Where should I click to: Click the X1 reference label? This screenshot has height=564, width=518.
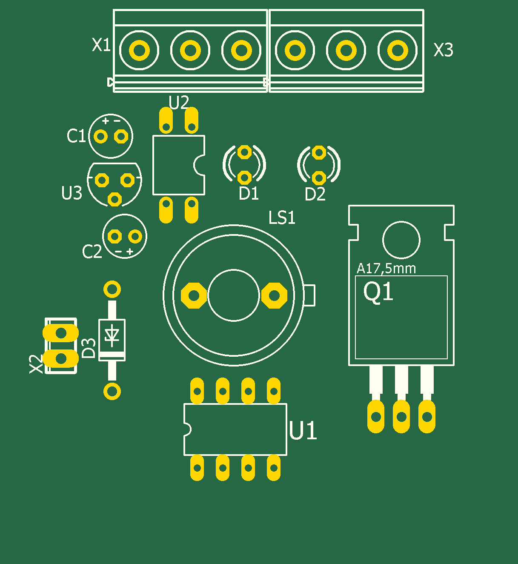(x=101, y=45)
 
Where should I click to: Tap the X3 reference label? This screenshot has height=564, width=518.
(x=443, y=50)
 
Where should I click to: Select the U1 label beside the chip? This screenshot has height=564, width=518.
(x=303, y=431)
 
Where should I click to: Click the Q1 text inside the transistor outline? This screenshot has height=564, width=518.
(x=378, y=292)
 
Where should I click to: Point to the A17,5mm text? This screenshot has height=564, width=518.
(x=386, y=269)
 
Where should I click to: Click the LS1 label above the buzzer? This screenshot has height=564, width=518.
(x=282, y=218)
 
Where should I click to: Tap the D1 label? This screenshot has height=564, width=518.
(x=249, y=194)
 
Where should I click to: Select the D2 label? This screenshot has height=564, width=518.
(x=315, y=195)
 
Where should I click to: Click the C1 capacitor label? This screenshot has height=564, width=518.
(x=76, y=136)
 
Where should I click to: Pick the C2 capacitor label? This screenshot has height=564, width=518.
(x=92, y=252)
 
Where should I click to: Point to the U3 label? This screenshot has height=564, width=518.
(x=72, y=193)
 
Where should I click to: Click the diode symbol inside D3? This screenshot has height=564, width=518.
(x=112, y=335)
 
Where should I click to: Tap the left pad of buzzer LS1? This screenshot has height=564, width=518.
(x=194, y=295)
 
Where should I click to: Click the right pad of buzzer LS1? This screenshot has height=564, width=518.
(x=274, y=295)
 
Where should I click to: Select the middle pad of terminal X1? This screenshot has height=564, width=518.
(x=190, y=51)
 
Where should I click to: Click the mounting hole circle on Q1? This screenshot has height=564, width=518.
(x=401, y=240)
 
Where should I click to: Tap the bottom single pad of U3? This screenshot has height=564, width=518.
(x=114, y=199)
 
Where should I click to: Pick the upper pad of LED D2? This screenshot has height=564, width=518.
(x=319, y=152)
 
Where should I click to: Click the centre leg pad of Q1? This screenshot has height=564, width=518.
(x=401, y=416)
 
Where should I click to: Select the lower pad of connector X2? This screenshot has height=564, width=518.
(x=61, y=358)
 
